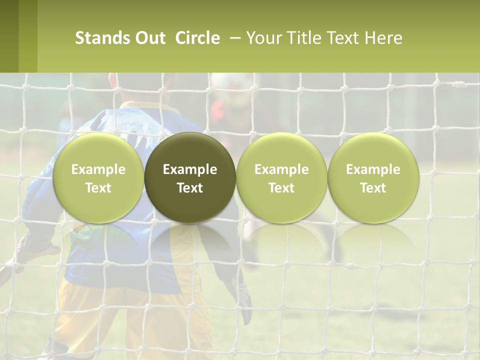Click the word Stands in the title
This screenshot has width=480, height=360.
[102, 38]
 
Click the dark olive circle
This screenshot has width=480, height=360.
[190, 178]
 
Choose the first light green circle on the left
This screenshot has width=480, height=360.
[98, 178]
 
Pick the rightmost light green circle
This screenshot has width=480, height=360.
[373, 178]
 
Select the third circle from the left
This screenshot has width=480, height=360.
[281, 178]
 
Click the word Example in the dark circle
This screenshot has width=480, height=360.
[190, 169]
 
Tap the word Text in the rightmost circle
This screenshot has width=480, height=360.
[373, 188]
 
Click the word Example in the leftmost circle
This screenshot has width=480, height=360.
[98, 169]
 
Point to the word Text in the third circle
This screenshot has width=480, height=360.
[281, 188]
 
